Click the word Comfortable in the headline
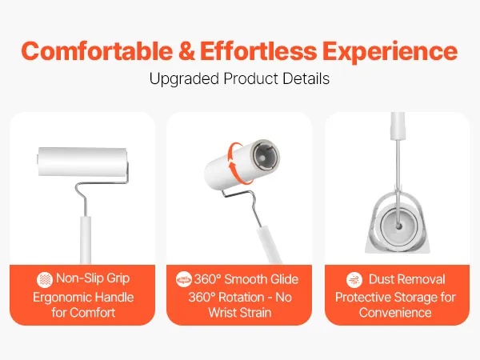tap(97, 51)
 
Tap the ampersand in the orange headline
tap(186, 51)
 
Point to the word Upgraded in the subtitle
tap(184, 79)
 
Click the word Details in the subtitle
tap(306, 78)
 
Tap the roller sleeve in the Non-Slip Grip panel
tap(82, 162)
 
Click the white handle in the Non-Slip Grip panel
tap(86, 240)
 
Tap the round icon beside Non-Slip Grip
tap(45, 280)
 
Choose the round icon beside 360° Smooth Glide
tap(184, 279)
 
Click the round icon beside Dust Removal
tap(354, 279)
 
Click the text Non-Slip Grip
tap(93, 279)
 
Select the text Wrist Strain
tap(240, 313)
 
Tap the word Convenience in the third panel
tap(395, 313)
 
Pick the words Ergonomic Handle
tap(83, 298)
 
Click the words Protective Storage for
tap(395, 298)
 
